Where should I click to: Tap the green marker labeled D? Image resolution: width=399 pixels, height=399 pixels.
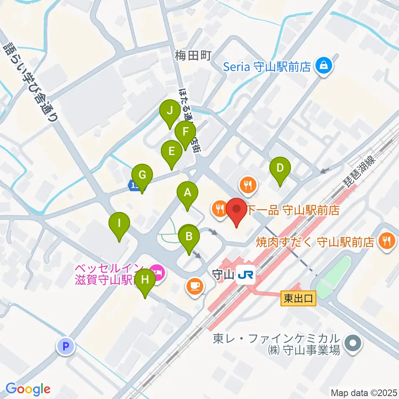tap(280, 168)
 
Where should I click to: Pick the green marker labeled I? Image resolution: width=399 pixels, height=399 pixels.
tap(119, 224)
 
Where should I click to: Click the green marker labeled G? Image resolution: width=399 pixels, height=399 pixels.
tap(142, 175)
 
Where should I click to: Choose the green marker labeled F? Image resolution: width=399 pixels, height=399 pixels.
tap(185, 133)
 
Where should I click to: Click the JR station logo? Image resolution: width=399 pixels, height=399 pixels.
tap(245, 276)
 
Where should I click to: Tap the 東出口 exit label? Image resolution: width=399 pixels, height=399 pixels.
tap(298, 298)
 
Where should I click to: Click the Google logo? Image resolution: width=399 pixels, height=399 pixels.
tap(28, 389)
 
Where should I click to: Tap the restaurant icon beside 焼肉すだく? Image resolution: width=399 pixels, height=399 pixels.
tap(387, 242)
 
